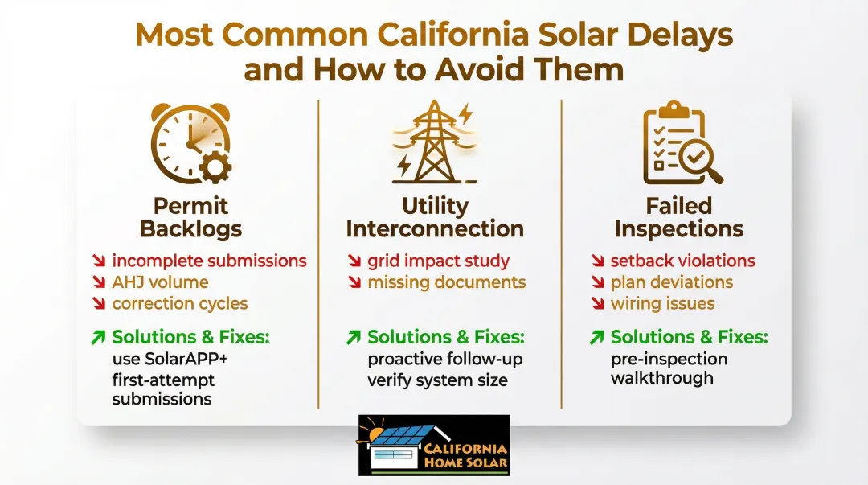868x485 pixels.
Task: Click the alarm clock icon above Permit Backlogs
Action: pos(191,143)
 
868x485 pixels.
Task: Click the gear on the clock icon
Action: pos(215,166)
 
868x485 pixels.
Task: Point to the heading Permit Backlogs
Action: pos(191,217)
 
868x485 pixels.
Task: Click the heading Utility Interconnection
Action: pos(435,217)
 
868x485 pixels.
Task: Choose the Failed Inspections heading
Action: pos(678,217)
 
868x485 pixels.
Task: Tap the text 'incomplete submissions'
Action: pos(209,261)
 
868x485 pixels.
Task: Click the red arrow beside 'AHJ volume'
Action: pos(99,282)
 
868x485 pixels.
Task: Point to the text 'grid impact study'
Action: pos(439,261)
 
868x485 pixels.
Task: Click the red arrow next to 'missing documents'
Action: pos(354,282)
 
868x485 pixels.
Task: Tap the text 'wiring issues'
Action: pos(662,304)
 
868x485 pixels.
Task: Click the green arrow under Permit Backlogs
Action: pos(99,337)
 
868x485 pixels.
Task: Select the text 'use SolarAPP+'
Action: pos(170,359)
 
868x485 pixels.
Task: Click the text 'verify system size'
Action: pos(437,380)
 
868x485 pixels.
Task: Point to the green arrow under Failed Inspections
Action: pos(596,337)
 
